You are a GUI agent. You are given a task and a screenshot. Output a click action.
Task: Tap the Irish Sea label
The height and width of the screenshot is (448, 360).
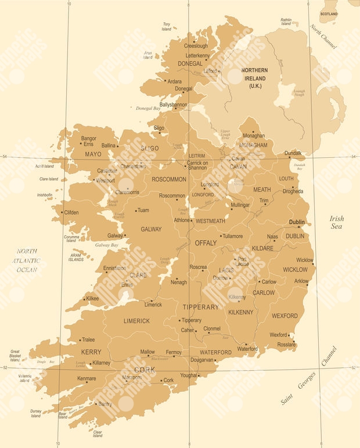coord(337,222)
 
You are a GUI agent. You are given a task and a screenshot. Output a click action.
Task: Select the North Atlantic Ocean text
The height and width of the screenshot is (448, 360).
coord(27,260)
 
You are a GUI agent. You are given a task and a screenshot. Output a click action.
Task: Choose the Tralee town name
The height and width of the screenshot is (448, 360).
coord(88,340)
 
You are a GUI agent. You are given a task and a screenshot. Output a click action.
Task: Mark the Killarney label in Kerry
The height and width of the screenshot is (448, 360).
coord(101,363)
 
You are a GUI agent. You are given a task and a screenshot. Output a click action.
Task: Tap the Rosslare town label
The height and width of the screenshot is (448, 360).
coord(286,345)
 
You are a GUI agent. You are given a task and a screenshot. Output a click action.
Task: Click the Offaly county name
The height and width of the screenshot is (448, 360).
coord(205,243)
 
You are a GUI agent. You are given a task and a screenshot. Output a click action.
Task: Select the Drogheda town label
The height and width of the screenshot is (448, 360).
coord(293,191)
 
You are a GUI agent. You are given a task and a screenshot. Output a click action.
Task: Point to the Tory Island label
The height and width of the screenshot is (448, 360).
coord(167,26)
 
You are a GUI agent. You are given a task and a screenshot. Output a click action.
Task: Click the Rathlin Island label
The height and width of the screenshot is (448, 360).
coord(286,22)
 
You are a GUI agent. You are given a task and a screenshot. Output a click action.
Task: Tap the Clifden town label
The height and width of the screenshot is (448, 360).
coord(71,212)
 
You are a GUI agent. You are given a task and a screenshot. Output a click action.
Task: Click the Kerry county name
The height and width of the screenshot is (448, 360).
coord(91,352)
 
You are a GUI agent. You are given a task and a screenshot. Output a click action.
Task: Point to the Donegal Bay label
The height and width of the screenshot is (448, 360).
coord(149,109)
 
